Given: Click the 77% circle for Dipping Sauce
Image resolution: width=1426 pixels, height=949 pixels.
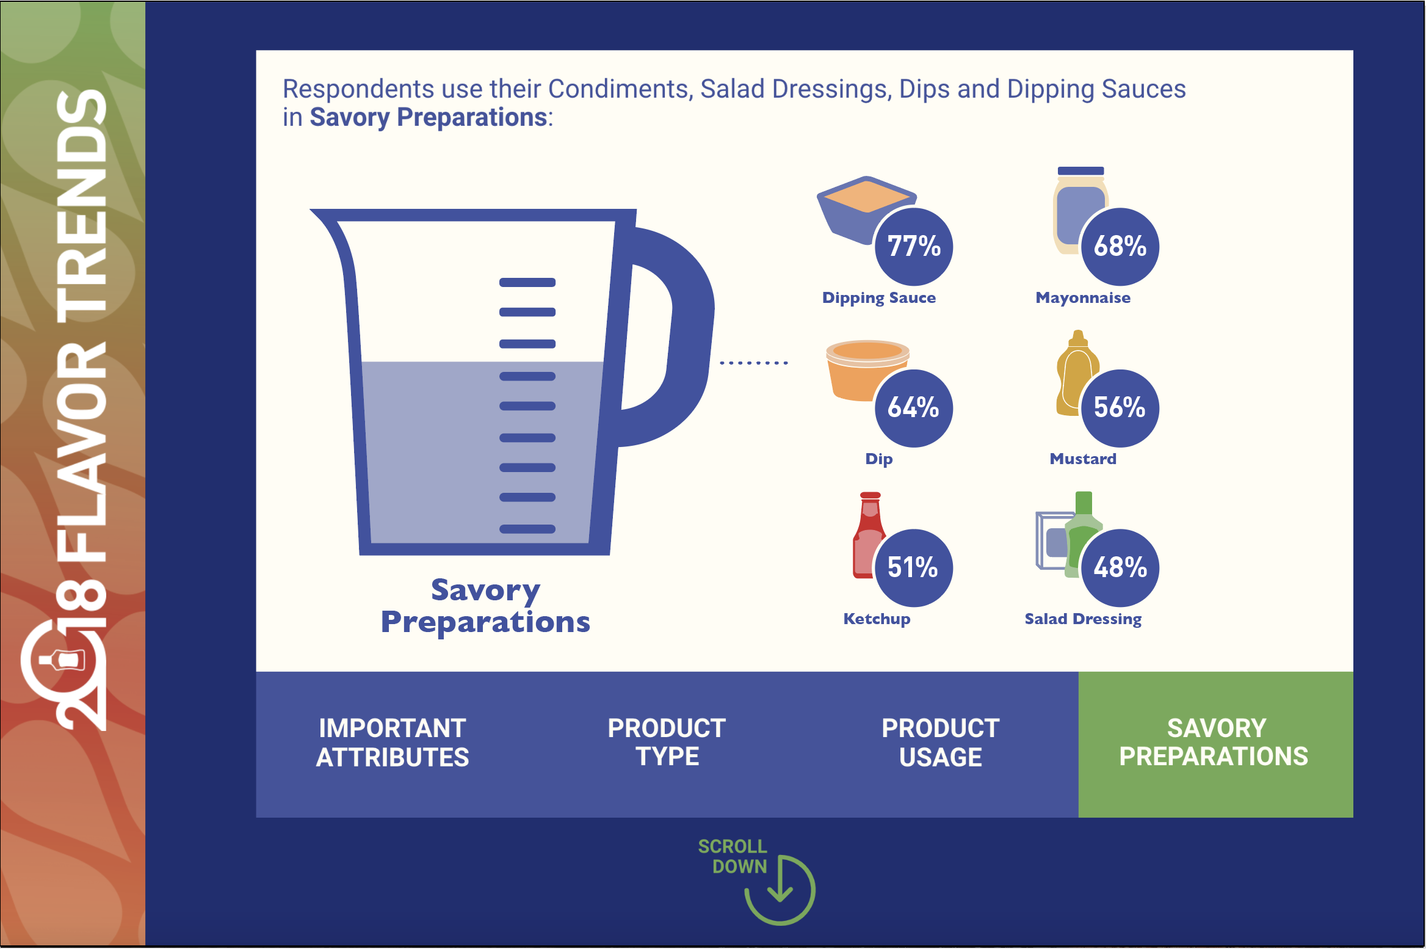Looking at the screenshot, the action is (x=914, y=247).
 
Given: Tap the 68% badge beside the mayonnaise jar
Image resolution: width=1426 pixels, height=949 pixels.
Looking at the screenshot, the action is (x=1120, y=247).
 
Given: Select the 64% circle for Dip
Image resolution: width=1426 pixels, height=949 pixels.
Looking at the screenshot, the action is (x=914, y=408).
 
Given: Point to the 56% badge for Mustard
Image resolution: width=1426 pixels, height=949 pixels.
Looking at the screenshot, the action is (x=1120, y=408).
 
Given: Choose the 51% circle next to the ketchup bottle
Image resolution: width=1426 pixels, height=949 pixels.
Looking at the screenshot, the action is (x=914, y=568).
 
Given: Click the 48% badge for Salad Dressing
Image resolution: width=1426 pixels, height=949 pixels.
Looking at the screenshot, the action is (x=1120, y=568).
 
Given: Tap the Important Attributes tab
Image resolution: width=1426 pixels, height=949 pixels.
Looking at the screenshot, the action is (x=393, y=744).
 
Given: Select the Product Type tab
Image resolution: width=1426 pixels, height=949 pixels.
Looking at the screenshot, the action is (x=667, y=744).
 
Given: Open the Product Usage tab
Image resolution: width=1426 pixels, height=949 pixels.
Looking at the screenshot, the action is (x=941, y=744).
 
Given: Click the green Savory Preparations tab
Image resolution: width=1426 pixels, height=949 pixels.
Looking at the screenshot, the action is (x=1215, y=744).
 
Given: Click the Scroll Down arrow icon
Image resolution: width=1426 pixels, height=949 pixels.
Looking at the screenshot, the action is (x=780, y=890).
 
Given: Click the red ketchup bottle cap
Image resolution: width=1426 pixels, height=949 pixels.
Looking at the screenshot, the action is (x=870, y=495).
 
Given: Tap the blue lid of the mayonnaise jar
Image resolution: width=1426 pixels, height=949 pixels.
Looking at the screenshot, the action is (x=1080, y=171).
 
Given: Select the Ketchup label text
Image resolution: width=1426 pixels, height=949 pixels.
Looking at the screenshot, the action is (x=877, y=619).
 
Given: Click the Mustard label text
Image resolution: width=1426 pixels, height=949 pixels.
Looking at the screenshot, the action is (x=1083, y=459).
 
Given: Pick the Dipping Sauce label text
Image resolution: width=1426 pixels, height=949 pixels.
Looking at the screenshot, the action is (x=879, y=298).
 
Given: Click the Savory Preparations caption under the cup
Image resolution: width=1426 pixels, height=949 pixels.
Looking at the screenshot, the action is (x=485, y=606).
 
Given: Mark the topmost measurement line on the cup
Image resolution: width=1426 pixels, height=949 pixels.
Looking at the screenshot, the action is (x=527, y=282).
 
